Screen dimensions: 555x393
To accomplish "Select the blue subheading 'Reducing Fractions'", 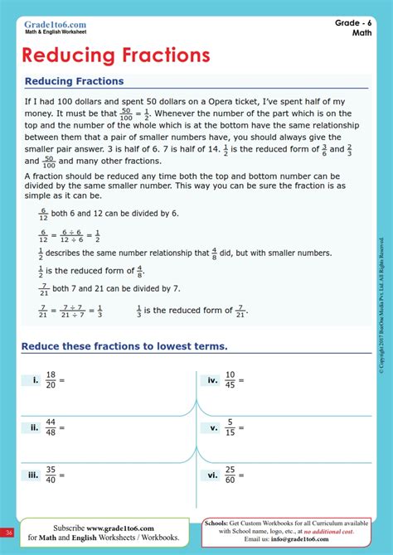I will [x=74, y=81].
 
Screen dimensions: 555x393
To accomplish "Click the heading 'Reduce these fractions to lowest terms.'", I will [x=124, y=345].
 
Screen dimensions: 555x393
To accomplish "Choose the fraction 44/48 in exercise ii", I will [x=51, y=427].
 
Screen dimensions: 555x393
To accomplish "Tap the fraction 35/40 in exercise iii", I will [x=51, y=475].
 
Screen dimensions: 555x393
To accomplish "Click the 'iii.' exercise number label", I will [x=33, y=475].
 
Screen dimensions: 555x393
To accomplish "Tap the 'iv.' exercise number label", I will [x=213, y=380].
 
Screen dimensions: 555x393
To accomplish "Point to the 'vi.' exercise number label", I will [x=213, y=475].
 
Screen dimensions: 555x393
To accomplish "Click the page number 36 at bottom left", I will [x=8, y=532].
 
